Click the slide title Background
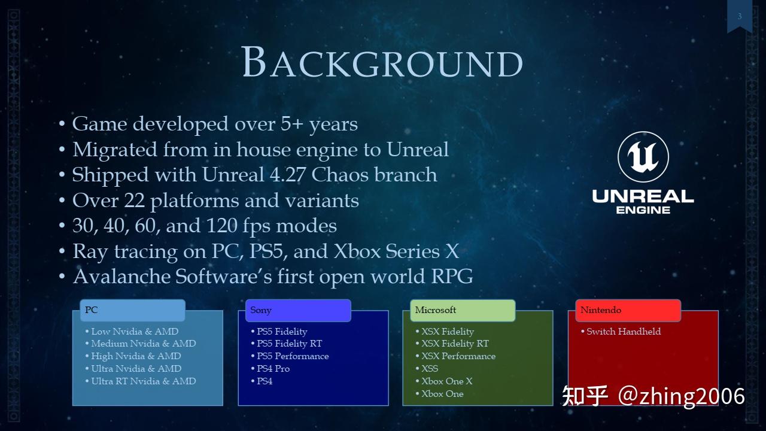click(382, 62)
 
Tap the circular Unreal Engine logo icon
click(643, 157)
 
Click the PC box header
click(132, 310)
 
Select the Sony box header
click(297, 310)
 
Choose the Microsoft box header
click(463, 310)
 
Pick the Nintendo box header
click(628, 310)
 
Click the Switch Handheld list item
click(623, 332)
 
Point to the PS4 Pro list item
click(273, 369)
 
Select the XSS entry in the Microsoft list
click(429, 369)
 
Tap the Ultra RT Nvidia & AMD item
click(143, 381)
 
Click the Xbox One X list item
click(446, 381)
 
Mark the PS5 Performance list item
click(292, 356)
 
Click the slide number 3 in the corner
click(739, 16)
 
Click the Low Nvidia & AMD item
click(135, 332)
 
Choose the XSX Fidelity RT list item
click(455, 344)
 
